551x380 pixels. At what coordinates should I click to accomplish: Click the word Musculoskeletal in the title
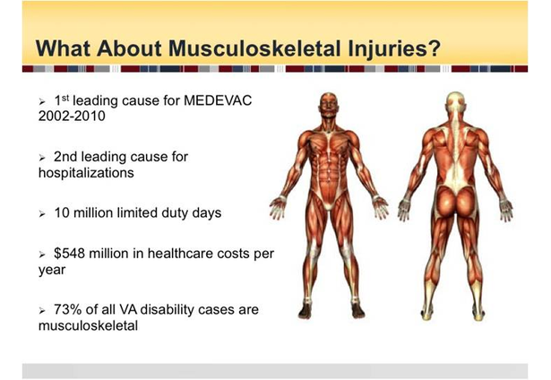tap(254, 48)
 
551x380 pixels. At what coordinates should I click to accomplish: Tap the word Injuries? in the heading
tap(394, 49)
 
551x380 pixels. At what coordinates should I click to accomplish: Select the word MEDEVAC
tap(218, 100)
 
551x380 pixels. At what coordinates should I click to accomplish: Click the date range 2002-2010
tap(72, 116)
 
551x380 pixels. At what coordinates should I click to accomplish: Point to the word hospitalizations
tap(86, 173)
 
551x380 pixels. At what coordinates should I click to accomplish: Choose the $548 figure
tap(69, 254)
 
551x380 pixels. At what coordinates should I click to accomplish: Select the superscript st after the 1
tap(65, 98)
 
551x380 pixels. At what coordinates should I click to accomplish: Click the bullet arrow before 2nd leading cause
tap(42, 158)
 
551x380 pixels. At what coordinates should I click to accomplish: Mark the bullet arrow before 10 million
tap(42, 214)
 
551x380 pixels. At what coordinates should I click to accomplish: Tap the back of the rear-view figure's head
tap(456, 101)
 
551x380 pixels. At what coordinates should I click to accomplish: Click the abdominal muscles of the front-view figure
tap(329, 164)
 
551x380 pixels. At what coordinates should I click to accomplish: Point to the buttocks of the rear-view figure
tap(456, 202)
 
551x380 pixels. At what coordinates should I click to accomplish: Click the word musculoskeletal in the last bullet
tap(88, 325)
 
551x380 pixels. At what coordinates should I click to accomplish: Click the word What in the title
tap(64, 48)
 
